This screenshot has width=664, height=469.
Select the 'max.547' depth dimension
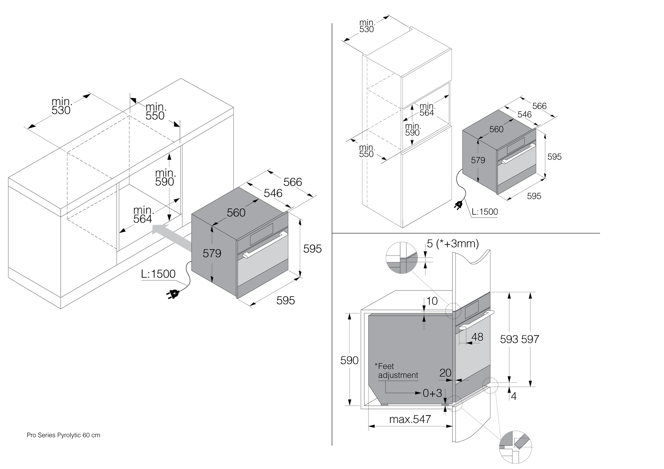(410, 419)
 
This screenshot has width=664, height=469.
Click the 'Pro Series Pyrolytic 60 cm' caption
(63, 435)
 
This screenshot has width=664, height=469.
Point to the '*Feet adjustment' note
(397, 371)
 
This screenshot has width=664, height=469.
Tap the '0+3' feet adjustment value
(432, 393)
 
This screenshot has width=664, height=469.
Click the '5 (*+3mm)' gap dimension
(453, 244)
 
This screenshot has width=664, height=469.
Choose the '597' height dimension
(530, 339)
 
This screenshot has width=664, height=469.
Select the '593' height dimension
(509, 339)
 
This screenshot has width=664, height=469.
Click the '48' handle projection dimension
(477, 337)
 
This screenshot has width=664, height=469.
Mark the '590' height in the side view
(349, 360)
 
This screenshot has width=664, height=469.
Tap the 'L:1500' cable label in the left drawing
(158, 274)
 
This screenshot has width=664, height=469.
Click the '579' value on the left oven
(212, 253)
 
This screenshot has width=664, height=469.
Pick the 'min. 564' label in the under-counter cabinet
(143, 215)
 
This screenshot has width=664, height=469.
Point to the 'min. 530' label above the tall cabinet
(367, 26)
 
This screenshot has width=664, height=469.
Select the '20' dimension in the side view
(445, 373)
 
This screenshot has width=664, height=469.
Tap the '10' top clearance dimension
(432, 301)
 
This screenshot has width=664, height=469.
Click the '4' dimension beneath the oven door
(514, 396)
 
